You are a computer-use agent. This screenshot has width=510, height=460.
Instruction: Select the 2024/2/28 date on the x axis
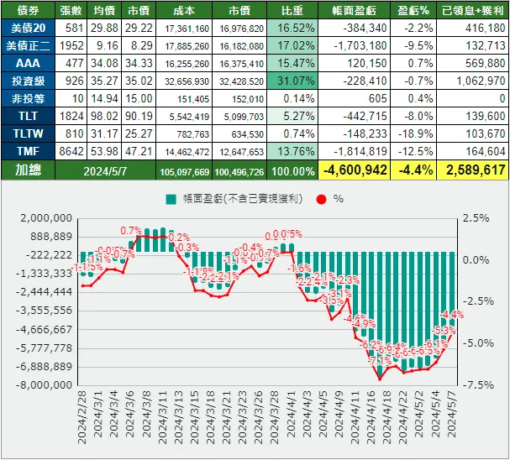(84, 419)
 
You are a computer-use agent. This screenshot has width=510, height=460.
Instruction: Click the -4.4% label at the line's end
(452, 315)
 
